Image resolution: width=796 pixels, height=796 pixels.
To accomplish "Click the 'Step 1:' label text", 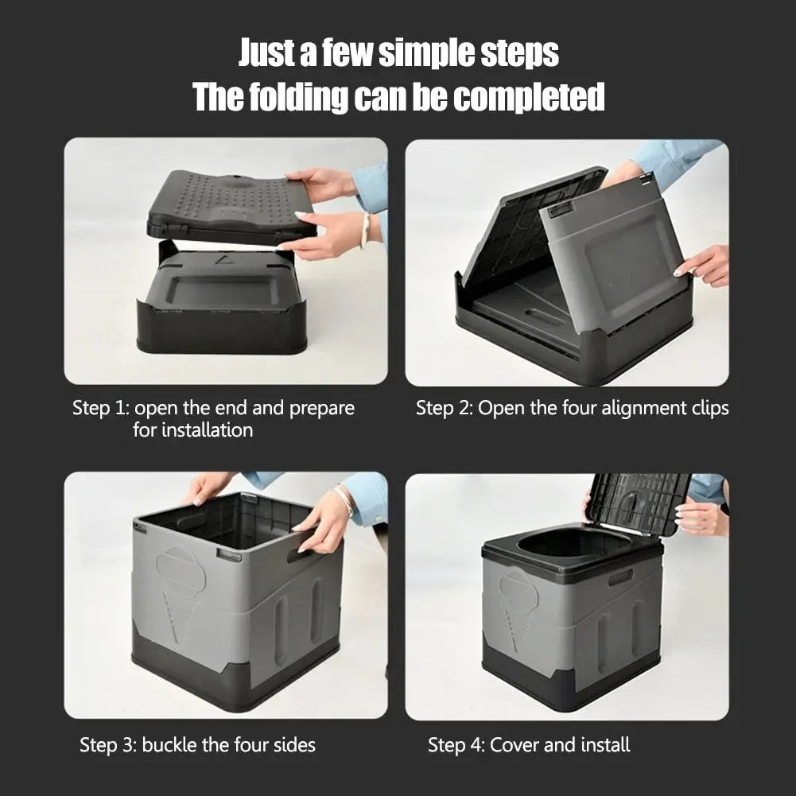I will [100, 409].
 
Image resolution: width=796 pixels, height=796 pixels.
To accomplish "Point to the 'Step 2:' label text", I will [444, 409].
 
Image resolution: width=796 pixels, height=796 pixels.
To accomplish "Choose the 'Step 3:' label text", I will [108, 745].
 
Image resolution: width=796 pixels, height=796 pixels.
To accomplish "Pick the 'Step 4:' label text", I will [456, 745].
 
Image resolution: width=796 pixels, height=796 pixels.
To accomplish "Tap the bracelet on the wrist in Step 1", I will [365, 231].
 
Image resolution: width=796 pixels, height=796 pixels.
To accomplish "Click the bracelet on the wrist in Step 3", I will [344, 500].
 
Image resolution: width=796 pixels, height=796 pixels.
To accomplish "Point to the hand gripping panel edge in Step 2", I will [705, 265].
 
